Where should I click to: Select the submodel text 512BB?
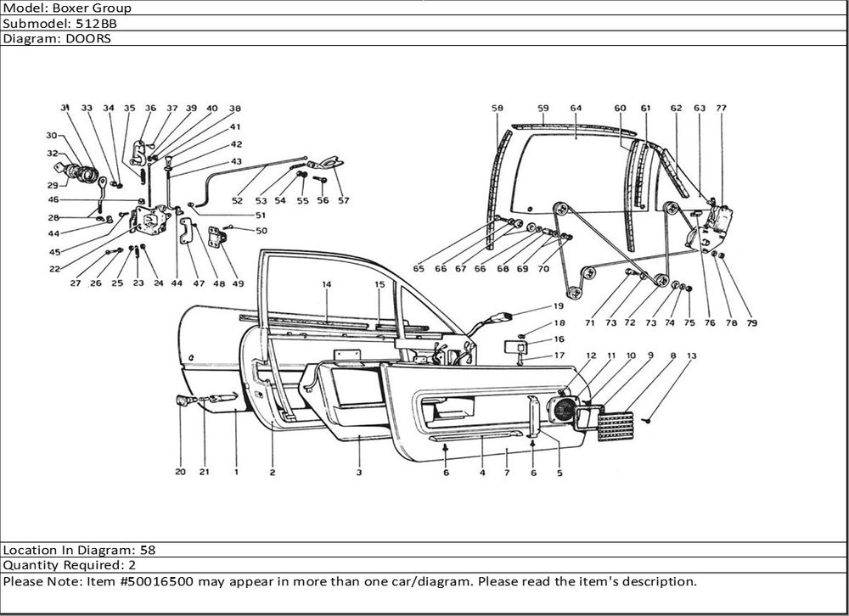click(83, 24)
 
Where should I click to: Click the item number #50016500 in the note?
click(155, 581)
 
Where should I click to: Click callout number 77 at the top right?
click(721, 109)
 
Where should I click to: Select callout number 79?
click(752, 322)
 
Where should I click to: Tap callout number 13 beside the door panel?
click(691, 356)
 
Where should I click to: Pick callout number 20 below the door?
click(180, 472)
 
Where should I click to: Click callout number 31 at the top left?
click(65, 108)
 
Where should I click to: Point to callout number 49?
click(238, 283)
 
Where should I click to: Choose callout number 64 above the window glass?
click(576, 109)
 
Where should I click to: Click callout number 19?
click(559, 306)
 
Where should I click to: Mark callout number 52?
click(237, 200)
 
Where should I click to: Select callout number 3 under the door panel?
click(359, 472)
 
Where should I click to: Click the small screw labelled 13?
click(646, 418)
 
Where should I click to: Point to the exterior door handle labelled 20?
click(181, 400)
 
